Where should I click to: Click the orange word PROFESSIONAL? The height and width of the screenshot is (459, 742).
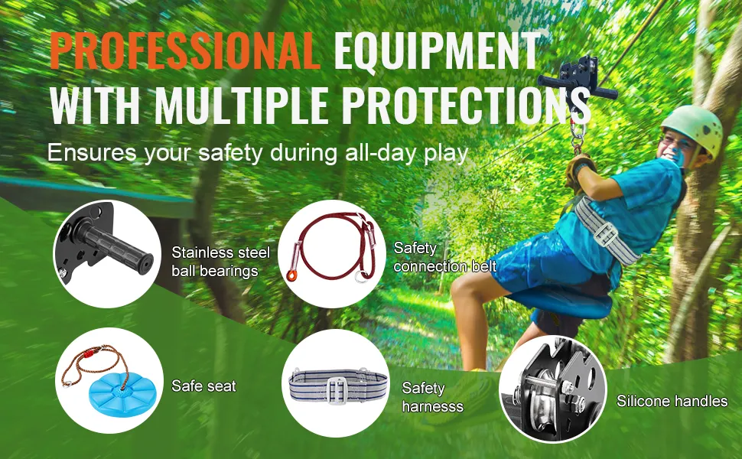click(x=185, y=51)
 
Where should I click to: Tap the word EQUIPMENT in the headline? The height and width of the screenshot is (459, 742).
click(x=438, y=51)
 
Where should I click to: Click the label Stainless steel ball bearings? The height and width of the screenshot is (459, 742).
click(x=220, y=261)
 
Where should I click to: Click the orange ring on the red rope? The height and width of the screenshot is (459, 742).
click(x=292, y=275)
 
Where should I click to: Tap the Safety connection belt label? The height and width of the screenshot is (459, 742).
click(x=445, y=257)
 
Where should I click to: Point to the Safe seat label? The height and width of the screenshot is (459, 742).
click(x=203, y=386)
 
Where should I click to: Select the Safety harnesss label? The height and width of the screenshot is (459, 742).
click(x=432, y=397)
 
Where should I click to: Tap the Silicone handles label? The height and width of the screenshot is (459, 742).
click(x=672, y=402)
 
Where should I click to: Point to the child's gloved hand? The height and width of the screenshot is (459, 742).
click(x=578, y=171)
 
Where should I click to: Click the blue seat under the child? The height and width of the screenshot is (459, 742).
click(x=558, y=302)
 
